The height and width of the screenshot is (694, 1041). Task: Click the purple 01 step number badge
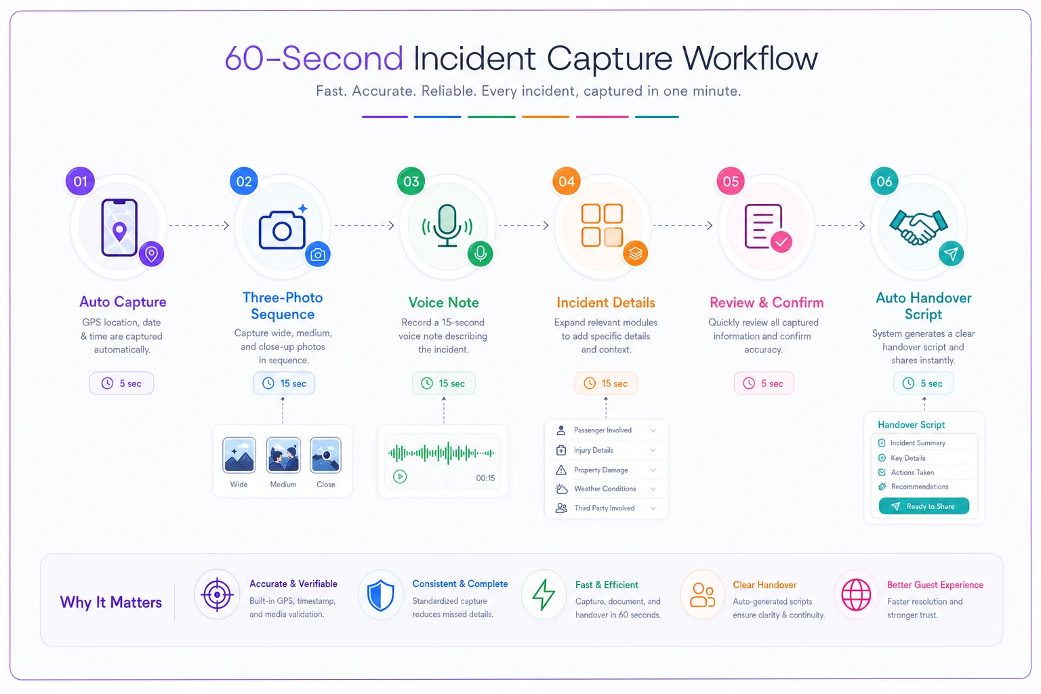(80, 181)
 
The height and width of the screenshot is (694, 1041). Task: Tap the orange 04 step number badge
(566, 181)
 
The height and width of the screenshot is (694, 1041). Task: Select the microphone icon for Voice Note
(447, 226)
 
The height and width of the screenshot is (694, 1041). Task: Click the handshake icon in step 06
(918, 227)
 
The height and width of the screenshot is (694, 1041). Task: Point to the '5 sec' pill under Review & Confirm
(764, 383)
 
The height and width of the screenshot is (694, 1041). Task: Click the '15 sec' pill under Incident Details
(605, 383)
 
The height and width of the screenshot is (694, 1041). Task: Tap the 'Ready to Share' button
(924, 506)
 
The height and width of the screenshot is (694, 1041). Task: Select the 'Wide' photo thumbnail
(239, 455)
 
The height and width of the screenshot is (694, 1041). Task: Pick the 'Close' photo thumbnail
(325, 455)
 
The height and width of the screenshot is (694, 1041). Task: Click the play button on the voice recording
(400, 476)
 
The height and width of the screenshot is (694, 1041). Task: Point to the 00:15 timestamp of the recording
(485, 478)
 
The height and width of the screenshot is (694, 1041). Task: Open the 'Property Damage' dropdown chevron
(653, 470)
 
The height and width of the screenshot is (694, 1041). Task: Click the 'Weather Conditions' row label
(605, 489)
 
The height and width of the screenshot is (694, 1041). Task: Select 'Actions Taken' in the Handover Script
(912, 472)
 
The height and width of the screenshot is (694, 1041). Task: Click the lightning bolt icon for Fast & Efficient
(544, 594)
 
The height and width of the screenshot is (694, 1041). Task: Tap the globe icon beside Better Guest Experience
(856, 594)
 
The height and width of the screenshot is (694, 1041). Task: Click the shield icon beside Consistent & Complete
(381, 595)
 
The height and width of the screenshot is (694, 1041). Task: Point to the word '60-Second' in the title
(314, 58)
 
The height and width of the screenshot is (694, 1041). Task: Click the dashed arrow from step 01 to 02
(199, 226)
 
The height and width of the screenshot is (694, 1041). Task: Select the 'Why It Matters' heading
(110, 603)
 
